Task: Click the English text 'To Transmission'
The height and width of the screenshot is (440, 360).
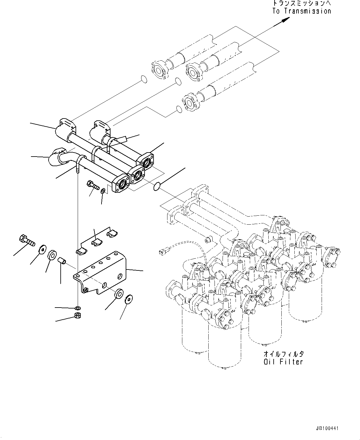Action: [x=301, y=11]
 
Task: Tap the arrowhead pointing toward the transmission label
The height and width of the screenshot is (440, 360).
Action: [x=286, y=19]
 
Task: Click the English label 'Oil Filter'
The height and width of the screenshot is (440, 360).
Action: [x=283, y=361]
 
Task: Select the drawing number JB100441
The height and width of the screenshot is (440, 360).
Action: [x=327, y=429]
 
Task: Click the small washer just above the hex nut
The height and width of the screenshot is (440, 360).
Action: [x=78, y=308]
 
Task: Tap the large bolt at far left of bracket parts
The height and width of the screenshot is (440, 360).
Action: [x=27, y=239]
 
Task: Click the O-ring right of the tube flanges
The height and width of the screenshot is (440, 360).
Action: [x=157, y=186]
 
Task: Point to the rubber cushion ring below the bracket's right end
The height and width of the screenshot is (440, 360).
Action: [x=119, y=294]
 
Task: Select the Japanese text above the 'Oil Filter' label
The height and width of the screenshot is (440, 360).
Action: [x=284, y=354]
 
